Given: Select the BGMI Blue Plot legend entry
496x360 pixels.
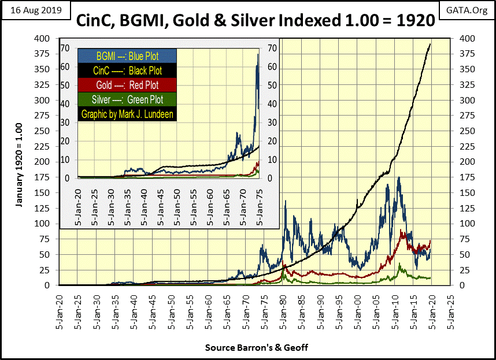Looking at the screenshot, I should click(127, 57).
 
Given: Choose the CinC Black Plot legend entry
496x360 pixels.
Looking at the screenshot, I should click(127, 70).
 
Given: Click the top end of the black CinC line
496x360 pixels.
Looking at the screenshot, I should click(430, 44).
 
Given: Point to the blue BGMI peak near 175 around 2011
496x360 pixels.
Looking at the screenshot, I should click(399, 177).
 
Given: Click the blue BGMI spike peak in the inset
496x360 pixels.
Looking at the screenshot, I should click(258, 54).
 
